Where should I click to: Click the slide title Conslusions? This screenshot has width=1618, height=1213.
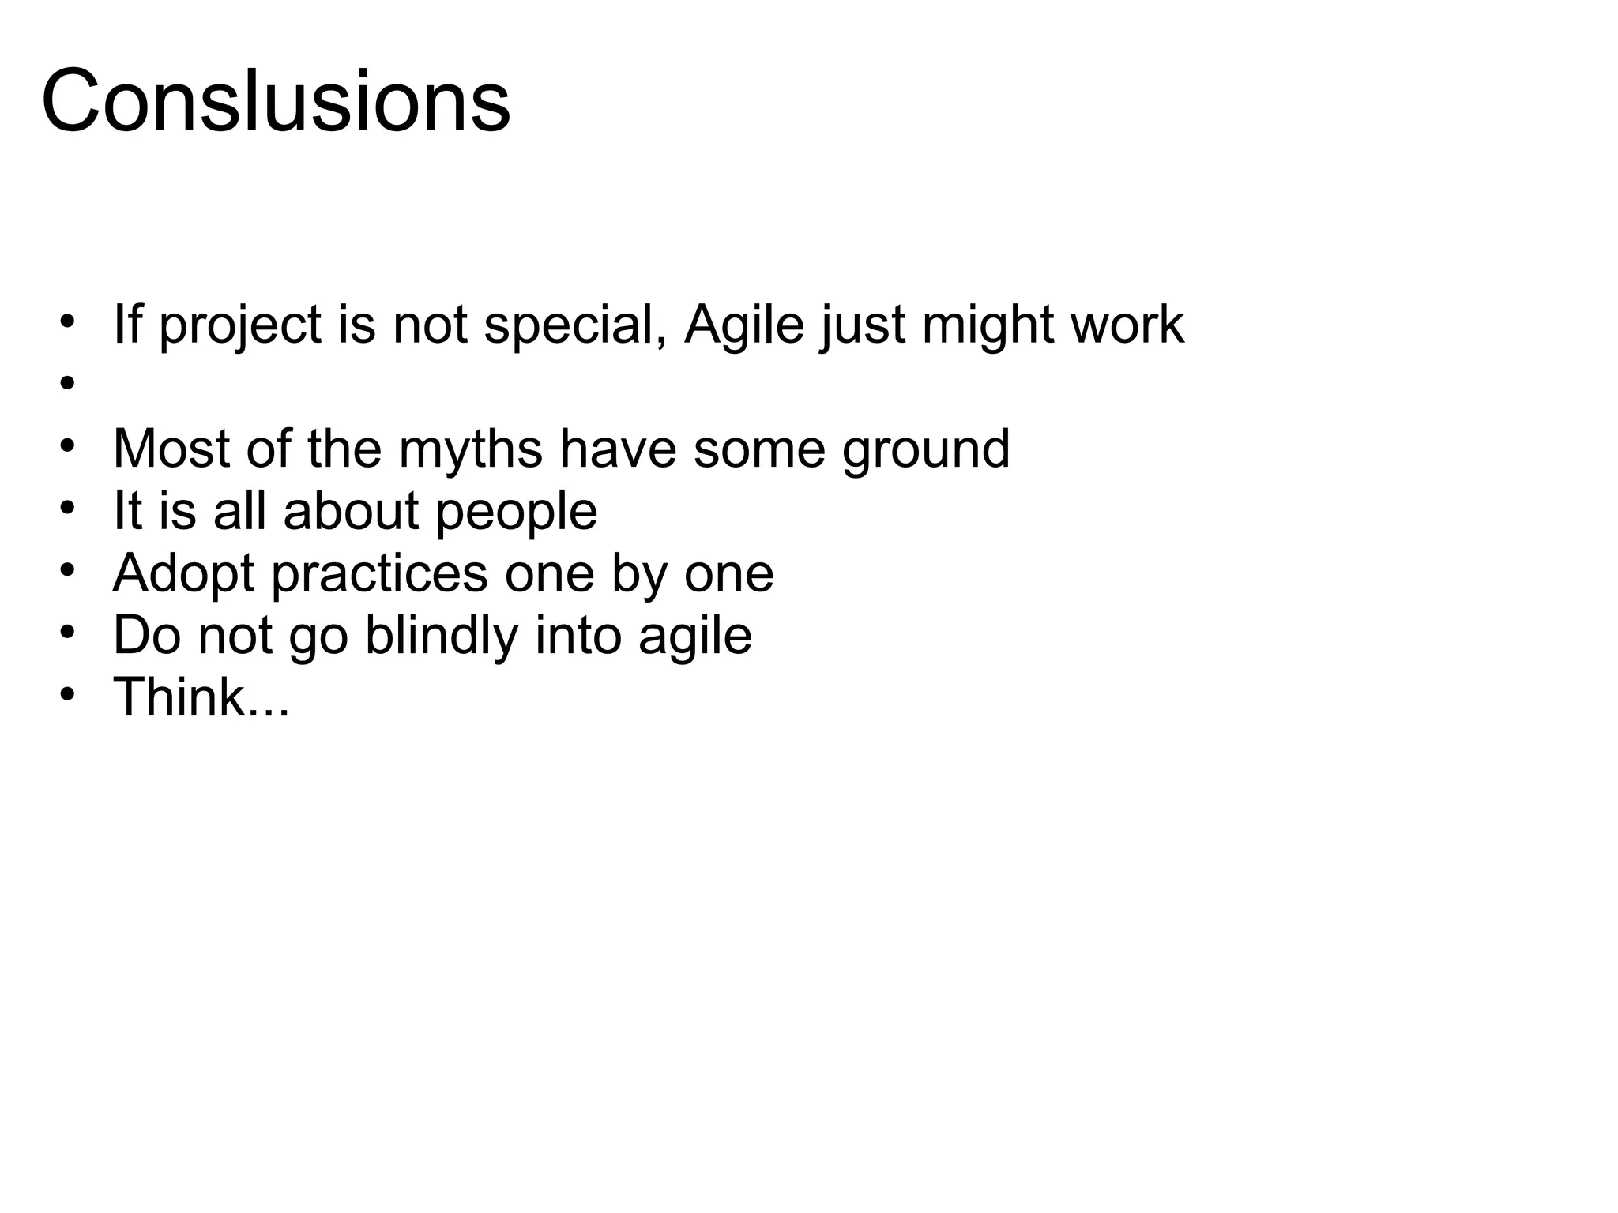coord(276,102)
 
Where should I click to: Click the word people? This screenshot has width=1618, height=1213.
coord(517,512)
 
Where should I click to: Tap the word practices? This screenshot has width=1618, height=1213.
coord(379,574)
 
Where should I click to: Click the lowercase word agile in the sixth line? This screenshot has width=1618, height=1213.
coord(695,636)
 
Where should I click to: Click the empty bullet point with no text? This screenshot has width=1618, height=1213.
coord(67,384)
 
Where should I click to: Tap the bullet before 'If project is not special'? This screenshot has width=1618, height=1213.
coord(67,322)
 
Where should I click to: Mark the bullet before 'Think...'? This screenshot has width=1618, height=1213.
coord(67,694)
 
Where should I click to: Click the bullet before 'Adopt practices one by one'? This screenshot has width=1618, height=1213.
coord(67,570)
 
